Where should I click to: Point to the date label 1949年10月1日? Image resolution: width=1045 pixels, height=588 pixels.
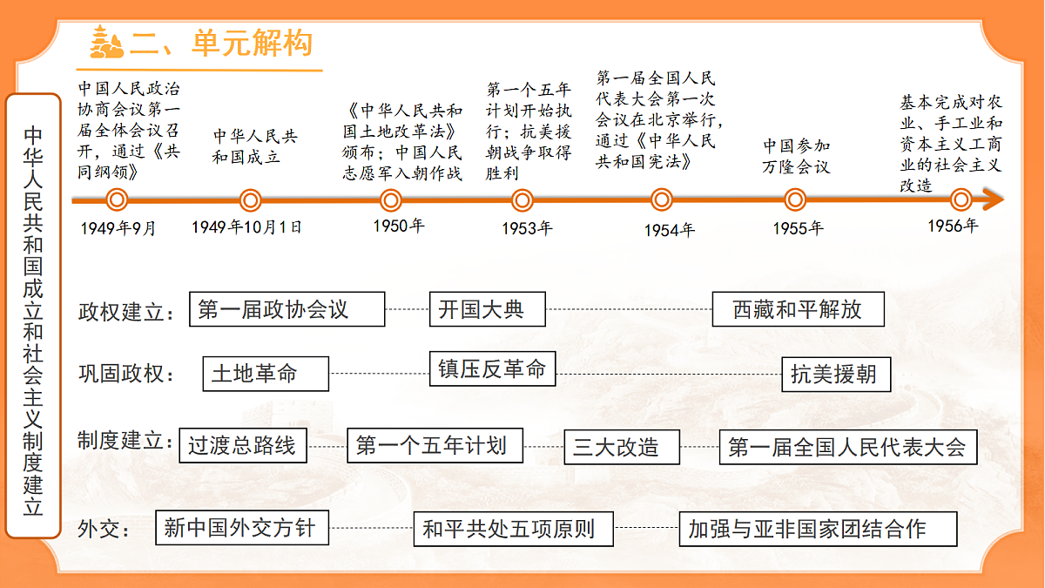[x=246, y=227]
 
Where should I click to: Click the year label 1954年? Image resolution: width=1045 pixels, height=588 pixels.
[x=670, y=230]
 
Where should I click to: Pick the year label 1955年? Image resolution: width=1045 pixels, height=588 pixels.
[x=799, y=228]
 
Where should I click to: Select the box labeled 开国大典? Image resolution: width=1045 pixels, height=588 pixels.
[x=488, y=309]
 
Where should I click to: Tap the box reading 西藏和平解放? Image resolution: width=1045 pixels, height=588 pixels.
[x=799, y=309]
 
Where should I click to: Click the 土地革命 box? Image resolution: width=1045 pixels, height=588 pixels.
[x=266, y=374]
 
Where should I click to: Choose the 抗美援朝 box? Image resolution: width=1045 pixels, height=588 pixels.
[x=836, y=375]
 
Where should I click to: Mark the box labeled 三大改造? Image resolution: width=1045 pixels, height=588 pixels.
[x=622, y=447]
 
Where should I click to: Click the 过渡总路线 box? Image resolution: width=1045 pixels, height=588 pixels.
[x=243, y=446]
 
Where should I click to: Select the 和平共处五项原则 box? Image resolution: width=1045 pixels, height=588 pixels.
[x=513, y=530]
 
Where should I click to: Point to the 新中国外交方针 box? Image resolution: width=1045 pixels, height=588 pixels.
[x=242, y=528]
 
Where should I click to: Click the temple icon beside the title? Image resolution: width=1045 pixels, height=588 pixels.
[x=106, y=43]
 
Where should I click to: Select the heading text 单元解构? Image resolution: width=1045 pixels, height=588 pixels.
[x=252, y=43]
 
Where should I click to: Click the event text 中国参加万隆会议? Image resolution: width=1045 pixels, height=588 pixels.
[x=796, y=156]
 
